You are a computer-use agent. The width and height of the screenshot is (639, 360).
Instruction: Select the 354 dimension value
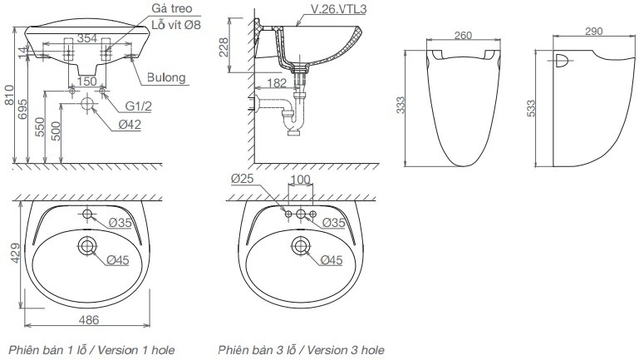point(86,37)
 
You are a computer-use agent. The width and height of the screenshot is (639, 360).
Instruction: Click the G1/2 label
point(140,107)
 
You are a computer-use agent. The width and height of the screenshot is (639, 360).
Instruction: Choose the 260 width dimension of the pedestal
point(463,36)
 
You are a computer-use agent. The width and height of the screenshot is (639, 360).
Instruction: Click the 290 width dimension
point(593,30)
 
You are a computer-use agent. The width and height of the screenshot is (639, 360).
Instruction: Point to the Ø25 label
point(242,180)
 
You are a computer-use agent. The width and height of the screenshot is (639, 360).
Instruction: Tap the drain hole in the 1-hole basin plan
point(87,245)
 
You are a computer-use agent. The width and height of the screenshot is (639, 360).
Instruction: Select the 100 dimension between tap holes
point(300,180)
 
